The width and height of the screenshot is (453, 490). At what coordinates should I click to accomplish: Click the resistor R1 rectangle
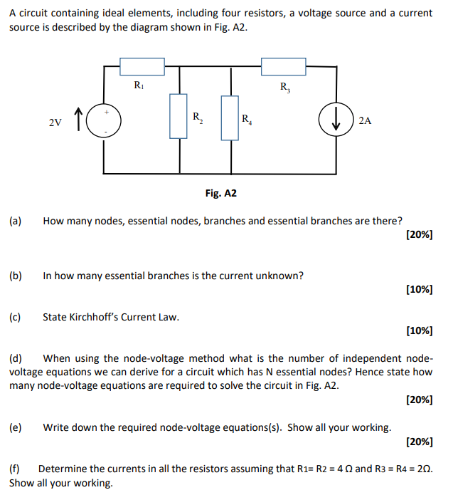click(142, 67)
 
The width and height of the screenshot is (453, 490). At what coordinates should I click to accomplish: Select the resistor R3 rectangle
click(283, 67)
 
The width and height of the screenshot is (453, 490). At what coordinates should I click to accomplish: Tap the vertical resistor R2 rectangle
click(178, 115)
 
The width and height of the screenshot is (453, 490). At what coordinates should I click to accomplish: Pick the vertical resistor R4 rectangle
click(230, 116)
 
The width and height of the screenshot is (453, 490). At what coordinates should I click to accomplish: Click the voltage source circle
click(106, 121)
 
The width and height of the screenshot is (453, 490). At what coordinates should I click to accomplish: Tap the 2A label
click(366, 121)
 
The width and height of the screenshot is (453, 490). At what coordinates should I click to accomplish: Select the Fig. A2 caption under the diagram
click(220, 193)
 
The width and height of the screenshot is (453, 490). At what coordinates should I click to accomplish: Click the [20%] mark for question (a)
click(419, 234)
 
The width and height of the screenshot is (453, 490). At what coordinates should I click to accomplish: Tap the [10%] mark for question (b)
click(419, 289)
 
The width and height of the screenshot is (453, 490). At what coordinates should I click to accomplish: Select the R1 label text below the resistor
click(140, 85)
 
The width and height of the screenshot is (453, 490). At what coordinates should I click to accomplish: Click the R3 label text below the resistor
click(285, 88)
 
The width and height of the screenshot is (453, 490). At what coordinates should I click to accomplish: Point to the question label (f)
click(15, 469)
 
